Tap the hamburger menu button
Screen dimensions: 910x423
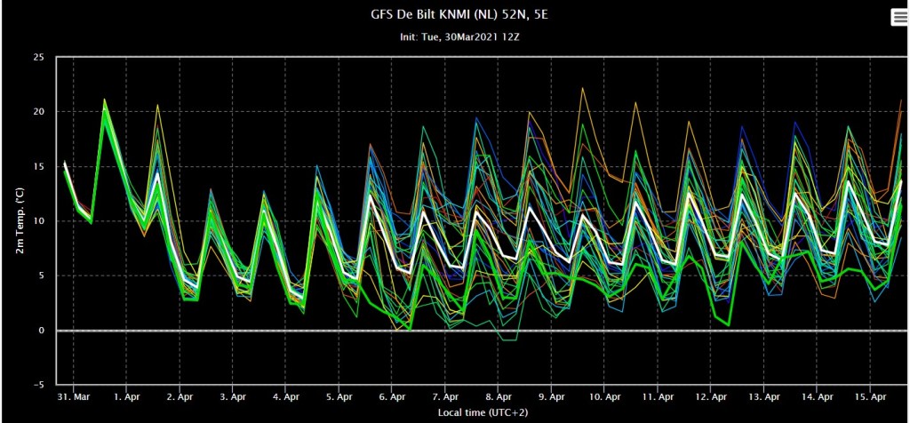[x=899, y=18]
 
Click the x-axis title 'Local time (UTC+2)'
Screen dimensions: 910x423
[x=483, y=412]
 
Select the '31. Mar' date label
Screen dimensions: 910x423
[x=74, y=397]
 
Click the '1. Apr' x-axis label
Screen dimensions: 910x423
[x=126, y=397]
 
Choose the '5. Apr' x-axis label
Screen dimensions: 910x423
[x=339, y=397]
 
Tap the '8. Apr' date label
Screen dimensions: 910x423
[x=498, y=397]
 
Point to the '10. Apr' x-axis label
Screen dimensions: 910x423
[x=604, y=397]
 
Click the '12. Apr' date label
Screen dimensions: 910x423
[x=710, y=397]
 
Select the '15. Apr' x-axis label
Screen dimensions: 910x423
[x=869, y=397]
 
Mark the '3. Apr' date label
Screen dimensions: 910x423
[x=233, y=397]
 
